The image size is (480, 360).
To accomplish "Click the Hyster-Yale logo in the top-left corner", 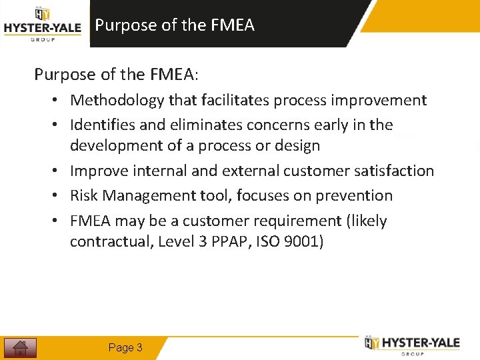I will pos(42,25).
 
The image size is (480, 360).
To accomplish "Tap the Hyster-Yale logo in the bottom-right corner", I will pos(413,344).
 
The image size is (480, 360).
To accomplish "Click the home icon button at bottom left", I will pos(20,347).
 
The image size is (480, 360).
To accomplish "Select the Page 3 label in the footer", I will pos(125,347).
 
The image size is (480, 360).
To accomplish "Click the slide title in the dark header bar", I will pos(175,25).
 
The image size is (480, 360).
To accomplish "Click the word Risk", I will pos(83,196).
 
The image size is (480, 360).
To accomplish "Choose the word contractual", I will pos(111,241).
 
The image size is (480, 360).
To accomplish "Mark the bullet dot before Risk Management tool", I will pos(59,196).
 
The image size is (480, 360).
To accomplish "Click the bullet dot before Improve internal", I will pos(59,171).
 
